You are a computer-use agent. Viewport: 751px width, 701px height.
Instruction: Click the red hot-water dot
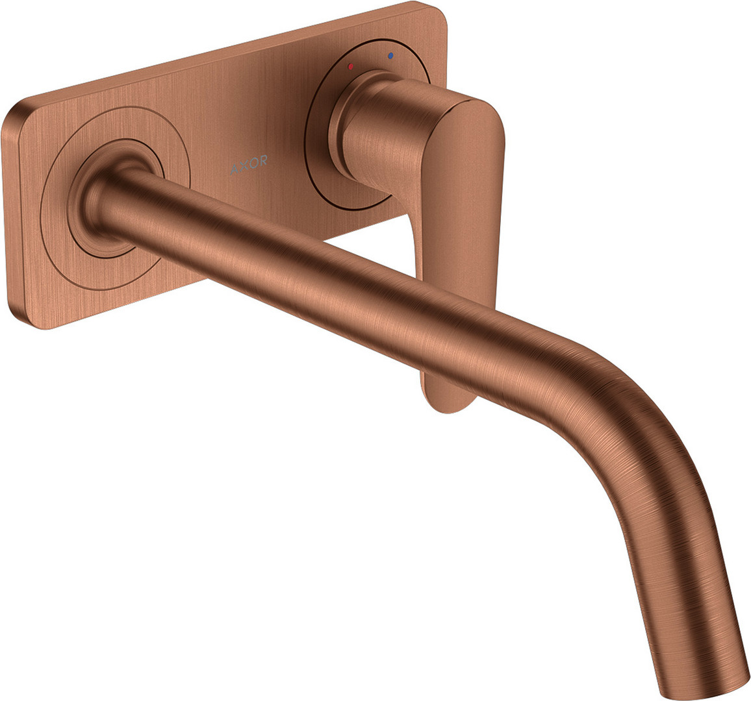pos(351,66)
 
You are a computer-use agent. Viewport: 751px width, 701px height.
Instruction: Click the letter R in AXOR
pos(263,161)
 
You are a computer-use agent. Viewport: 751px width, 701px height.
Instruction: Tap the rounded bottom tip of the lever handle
pos(448,400)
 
